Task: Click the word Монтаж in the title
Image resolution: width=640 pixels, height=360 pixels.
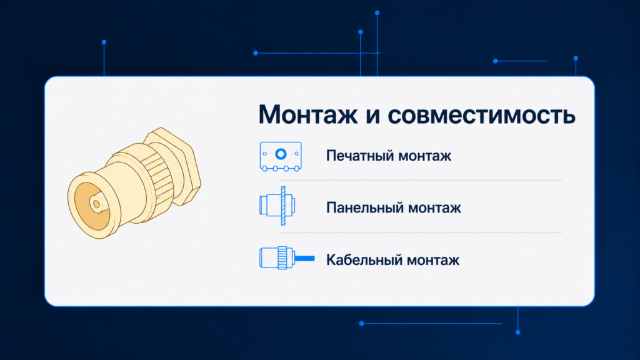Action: (x=307, y=114)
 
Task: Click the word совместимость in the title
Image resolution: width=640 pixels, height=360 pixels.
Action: (x=482, y=116)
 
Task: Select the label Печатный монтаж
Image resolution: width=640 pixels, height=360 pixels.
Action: (x=389, y=156)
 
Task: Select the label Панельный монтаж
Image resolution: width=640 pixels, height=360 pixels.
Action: (x=394, y=207)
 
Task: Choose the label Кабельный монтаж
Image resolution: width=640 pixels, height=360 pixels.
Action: (x=392, y=260)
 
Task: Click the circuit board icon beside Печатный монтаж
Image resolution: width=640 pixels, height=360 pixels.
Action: (x=281, y=156)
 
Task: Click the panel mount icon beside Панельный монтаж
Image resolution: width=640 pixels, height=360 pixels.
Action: (x=277, y=206)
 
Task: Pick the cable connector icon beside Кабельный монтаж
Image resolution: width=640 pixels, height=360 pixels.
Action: (x=287, y=258)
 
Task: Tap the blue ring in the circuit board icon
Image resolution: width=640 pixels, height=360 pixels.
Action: (x=281, y=154)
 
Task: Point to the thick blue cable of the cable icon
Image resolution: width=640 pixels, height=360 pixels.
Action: (x=304, y=258)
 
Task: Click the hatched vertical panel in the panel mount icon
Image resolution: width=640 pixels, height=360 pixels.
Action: (x=283, y=206)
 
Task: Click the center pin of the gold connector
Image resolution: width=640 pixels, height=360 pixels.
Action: (x=96, y=203)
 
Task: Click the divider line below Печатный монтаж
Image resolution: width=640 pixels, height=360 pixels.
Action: (x=421, y=180)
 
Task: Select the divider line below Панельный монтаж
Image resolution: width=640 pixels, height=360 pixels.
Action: (x=421, y=232)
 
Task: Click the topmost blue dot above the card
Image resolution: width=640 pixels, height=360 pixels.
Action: (x=377, y=13)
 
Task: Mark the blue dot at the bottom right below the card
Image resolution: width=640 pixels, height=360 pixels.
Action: (x=518, y=332)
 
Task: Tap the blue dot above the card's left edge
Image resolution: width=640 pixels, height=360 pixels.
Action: (x=104, y=42)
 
